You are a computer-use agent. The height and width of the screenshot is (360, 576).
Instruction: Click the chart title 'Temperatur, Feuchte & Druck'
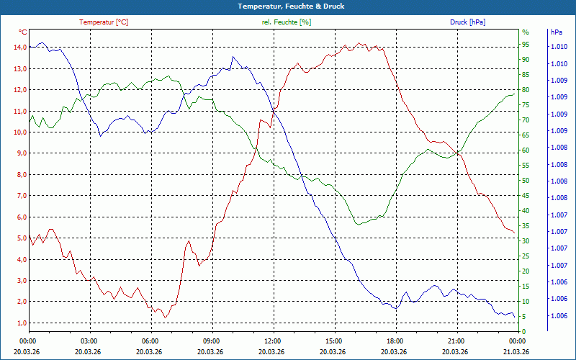[288, 6]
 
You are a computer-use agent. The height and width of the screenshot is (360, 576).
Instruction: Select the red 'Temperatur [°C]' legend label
[104, 22]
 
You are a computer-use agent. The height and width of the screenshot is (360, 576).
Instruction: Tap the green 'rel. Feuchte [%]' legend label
[287, 22]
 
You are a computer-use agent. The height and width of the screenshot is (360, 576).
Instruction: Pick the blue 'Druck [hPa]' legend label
[467, 22]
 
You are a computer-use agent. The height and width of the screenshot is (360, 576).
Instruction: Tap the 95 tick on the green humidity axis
[526, 48]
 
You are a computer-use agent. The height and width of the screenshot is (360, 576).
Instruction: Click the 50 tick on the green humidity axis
[526, 181]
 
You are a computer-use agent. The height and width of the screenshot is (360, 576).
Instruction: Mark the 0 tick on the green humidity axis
[523, 331]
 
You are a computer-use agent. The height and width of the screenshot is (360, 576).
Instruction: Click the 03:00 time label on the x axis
[89, 341]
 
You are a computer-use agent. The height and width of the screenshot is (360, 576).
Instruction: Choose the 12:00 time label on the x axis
[273, 341]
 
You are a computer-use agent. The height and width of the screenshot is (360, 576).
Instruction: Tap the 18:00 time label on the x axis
[395, 341]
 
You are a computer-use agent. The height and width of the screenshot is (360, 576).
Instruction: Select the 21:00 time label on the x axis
[456, 341]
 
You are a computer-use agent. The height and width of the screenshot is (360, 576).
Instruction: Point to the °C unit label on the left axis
[23, 32]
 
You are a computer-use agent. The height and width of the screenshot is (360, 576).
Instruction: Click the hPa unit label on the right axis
[556, 32]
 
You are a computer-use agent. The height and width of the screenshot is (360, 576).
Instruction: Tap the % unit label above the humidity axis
[525, 32]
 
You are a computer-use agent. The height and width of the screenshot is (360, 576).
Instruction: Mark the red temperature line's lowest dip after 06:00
[165, 318]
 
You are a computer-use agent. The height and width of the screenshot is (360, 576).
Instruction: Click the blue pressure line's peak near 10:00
[233, 57]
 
